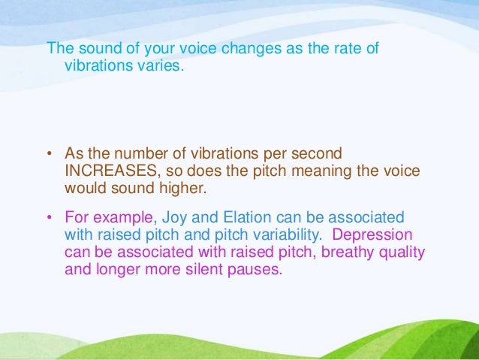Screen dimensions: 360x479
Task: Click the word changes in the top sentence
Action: click(214, 50)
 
